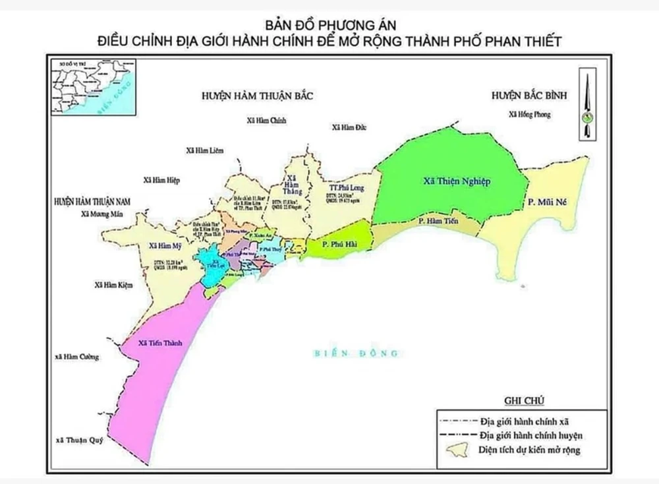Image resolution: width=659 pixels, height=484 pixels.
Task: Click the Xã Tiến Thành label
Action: [x=159, y=344]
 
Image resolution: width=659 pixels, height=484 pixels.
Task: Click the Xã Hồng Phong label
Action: [x=529, y=115]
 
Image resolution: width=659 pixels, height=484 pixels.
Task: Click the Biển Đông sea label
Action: [x=355, y=354]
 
